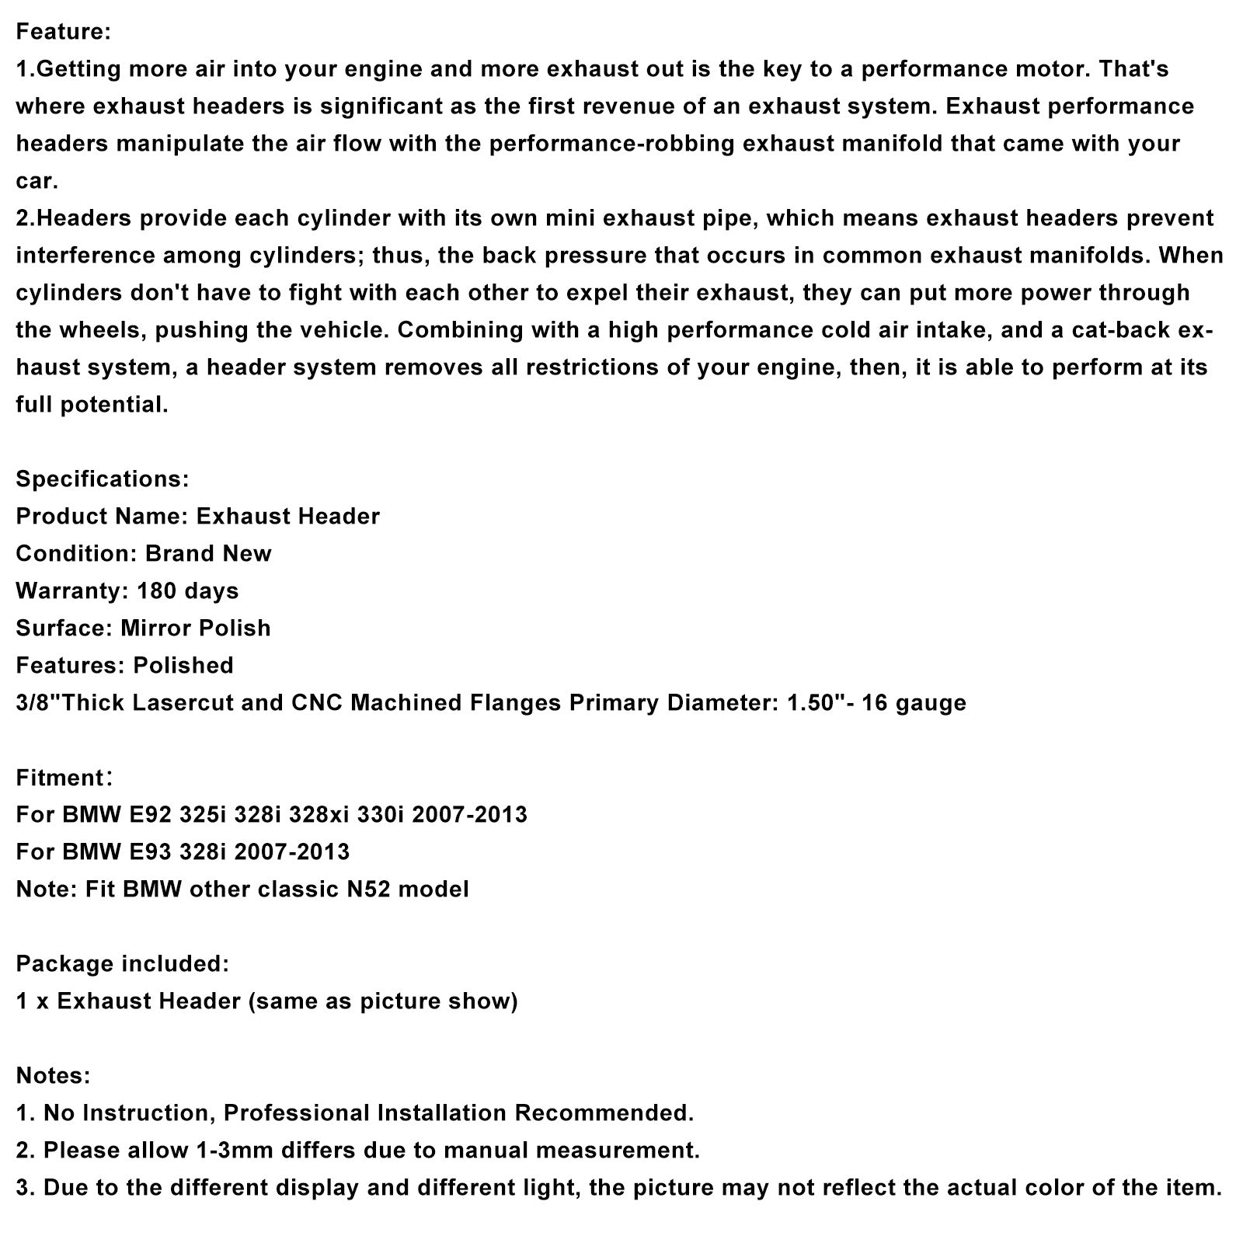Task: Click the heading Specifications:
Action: click(102, 479)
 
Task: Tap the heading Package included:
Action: click(122, 964)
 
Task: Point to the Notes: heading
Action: click(54, 1076)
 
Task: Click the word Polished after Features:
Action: click(183, 666)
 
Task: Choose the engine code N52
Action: click(368, 890)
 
